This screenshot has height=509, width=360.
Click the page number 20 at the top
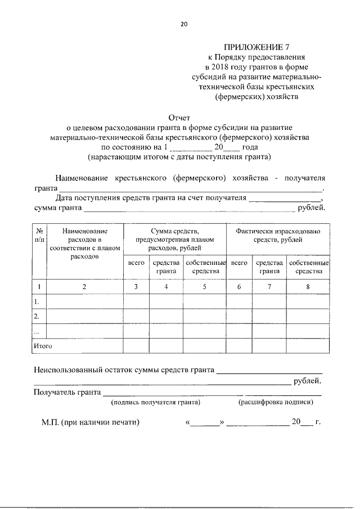tap(183, 24)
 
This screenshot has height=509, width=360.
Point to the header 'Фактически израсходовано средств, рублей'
tap(278, 236)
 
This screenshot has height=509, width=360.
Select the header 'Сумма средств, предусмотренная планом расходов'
tap(175, 239)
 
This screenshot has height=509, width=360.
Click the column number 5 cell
tap(205, 287)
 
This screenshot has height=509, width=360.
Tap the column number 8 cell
tap(308, 287)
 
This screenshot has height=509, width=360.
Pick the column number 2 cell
tap(85, 287)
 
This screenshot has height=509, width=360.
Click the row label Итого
tap(43, 346)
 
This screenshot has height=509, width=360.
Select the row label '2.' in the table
tap(37, 316)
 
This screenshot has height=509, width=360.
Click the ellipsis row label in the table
tap(37, 331)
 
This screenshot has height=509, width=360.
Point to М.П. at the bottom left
tap(51, 422)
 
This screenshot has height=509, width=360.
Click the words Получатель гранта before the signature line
tap(67, 391)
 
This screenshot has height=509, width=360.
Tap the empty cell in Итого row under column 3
tap(136, 345)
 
